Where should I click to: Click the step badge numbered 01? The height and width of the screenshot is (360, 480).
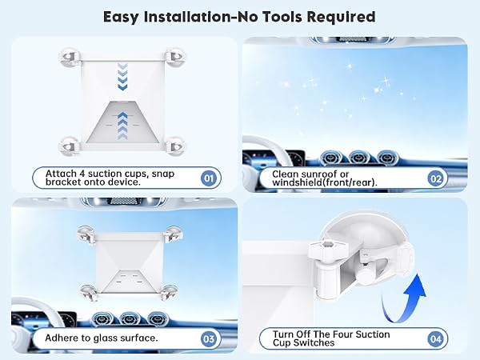pyautogui.click(x=209, y=178)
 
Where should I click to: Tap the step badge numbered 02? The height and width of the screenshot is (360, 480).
pyautogui.click(x=436, y=178)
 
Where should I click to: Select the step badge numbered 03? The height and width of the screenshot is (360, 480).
pyautogui.click(x=209, y=338)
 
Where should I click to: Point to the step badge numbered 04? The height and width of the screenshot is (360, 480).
pyautogui.click(x=436, y=338)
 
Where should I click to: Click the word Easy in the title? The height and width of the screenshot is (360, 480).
pyautogui.click(x=121, y=17)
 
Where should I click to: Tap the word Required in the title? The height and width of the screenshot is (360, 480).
pyautogui.click(x=341, y=17)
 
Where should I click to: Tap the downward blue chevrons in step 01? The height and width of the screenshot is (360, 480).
pyautogui.click(x=122, y=77)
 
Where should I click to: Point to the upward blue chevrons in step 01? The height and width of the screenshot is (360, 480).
pyautogui.click(x=122, y=126)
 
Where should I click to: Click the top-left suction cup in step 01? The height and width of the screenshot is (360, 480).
pyautogui.click(x=70, y=58)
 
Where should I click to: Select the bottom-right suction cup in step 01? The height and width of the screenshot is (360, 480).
pyautogui.click(x=175, y=146)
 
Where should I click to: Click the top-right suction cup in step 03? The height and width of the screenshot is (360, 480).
pyautogui.click(x=174, y=234)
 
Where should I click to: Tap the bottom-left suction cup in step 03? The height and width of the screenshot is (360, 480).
pyautogui.click(x=89, y=293)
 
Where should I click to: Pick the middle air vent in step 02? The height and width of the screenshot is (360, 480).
pyautogui.click(x=360, y=158)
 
